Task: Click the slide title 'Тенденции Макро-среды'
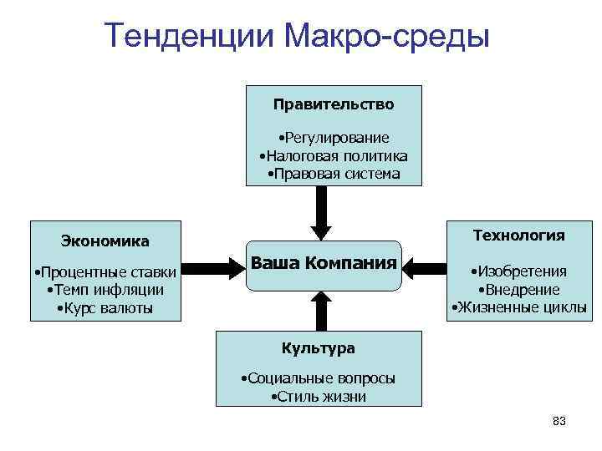tap(297, 36)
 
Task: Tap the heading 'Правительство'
tap(333, 105)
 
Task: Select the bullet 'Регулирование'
tap(334, 138)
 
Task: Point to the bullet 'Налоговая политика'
tap(333, 156)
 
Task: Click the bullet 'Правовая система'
tap(333, 175)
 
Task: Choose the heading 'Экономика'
tap(105, 242)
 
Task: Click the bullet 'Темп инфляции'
tap(105, 290)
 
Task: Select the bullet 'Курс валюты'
tap(105, 308)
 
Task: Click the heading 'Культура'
tap(318, 348)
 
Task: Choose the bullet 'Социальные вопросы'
tap(318, 378)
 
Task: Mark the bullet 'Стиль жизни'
tap(319, 397)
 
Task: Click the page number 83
tap(559, 422)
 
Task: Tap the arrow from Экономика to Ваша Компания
tap(212, 268)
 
